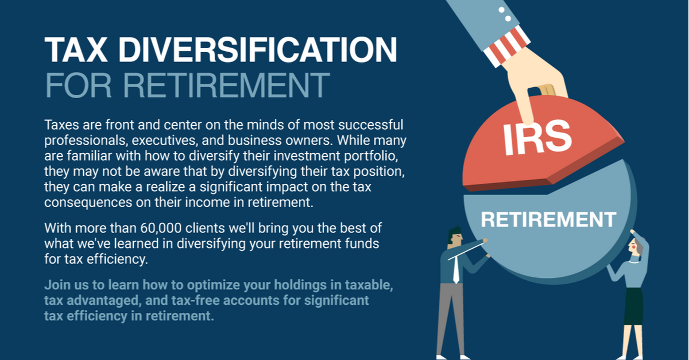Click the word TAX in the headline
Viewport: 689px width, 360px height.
click(x=76, y=49)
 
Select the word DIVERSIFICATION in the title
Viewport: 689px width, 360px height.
click(x=258, y=49)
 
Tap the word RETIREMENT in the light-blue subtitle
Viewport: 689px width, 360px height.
click(x=226, y=85)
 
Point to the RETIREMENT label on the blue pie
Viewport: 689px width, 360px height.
click(x=548, y=219)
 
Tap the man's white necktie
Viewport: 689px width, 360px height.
click(x=456, y=269)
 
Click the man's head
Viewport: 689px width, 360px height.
click(x=455, y=236)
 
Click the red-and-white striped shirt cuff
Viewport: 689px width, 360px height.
click(x=507, y=46)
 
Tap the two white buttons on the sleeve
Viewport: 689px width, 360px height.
click(x=505, y=14)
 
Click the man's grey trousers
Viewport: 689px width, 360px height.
click(x=451, y=319)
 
